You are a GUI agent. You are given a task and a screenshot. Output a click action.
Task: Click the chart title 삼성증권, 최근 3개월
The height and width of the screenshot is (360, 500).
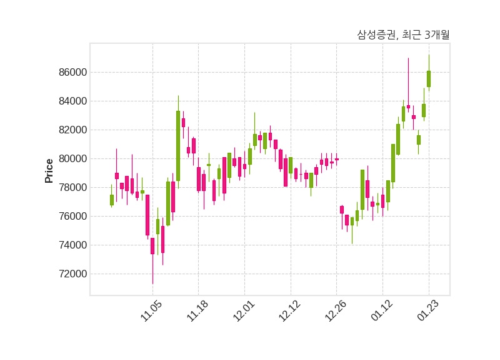pos(403,35)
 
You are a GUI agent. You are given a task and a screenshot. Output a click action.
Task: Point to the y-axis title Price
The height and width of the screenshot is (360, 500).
pos(49,170)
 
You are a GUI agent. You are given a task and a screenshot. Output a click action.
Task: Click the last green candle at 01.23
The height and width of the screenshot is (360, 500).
pos(429,78)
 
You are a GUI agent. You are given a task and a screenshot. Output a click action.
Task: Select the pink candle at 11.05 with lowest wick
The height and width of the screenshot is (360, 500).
pos(152,245)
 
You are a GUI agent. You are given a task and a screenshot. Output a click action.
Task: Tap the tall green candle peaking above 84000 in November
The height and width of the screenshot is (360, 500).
pos(178,145)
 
